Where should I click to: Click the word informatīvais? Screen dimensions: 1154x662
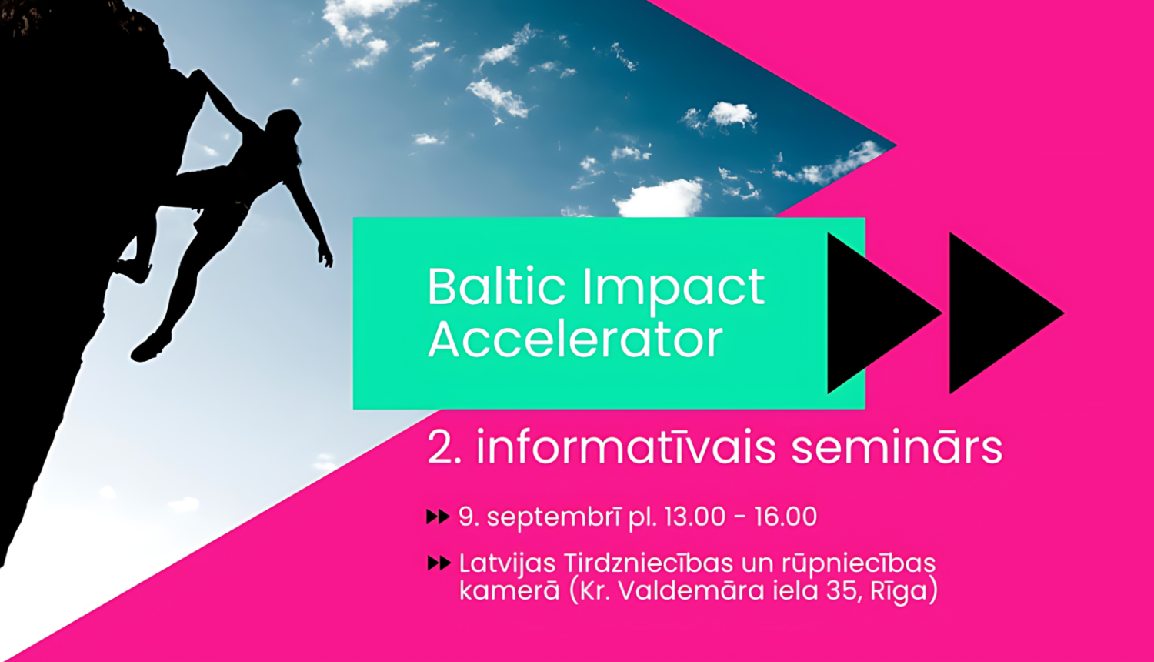click(626, 446)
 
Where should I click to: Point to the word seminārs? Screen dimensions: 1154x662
click(897, 446)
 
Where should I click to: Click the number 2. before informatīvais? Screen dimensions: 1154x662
click(444, 447)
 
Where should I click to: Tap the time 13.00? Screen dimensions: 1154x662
click(695, 517)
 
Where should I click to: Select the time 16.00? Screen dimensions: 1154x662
click(786, 517)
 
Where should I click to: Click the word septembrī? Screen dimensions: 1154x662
click(554, 517)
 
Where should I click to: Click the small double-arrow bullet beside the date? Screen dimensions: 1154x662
click(439, 517)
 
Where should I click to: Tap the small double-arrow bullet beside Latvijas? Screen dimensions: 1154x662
click(439, 563)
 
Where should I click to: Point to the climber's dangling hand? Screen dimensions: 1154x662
click(325, 256)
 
